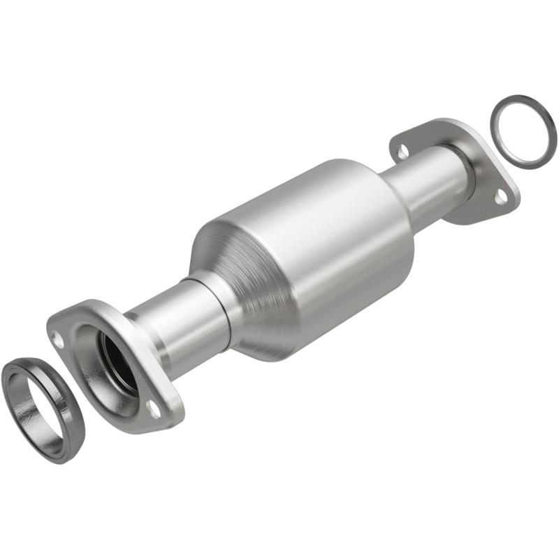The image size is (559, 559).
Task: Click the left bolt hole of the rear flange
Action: [401, 149]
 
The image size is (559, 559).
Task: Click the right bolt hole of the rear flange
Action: [500, 198]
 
